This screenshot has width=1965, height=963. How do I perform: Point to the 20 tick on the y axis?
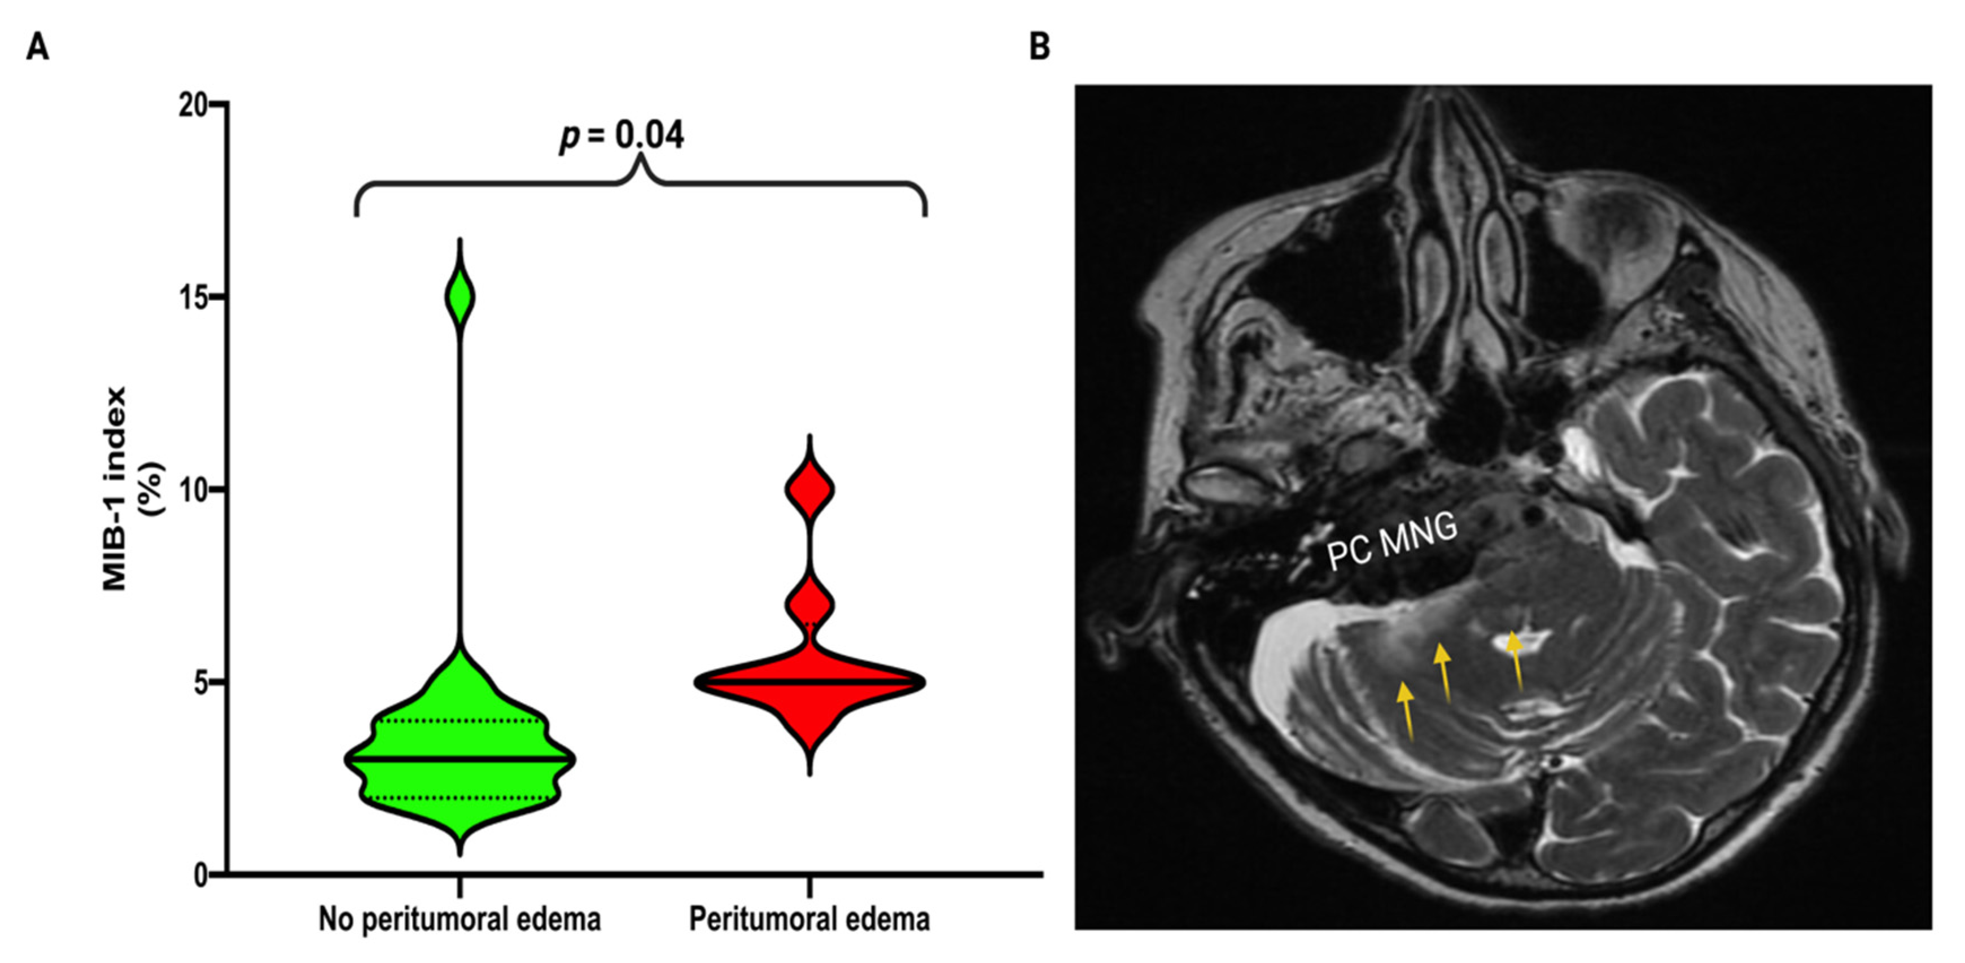(194, 104)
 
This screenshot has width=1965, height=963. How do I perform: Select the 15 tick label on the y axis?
(194, 297)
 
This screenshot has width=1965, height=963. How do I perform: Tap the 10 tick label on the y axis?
(194, 490)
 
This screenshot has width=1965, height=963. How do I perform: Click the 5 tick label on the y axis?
(200, 683)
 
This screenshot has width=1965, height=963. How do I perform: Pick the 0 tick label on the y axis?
(200, 876)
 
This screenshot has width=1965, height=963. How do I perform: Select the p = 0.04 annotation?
(622, 136)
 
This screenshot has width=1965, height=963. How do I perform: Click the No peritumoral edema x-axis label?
(459, 920)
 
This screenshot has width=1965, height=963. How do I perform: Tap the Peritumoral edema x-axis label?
(809, 920)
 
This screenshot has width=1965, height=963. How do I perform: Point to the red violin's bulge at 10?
(809, 489)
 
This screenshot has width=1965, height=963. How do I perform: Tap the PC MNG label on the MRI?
(1391, 542)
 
